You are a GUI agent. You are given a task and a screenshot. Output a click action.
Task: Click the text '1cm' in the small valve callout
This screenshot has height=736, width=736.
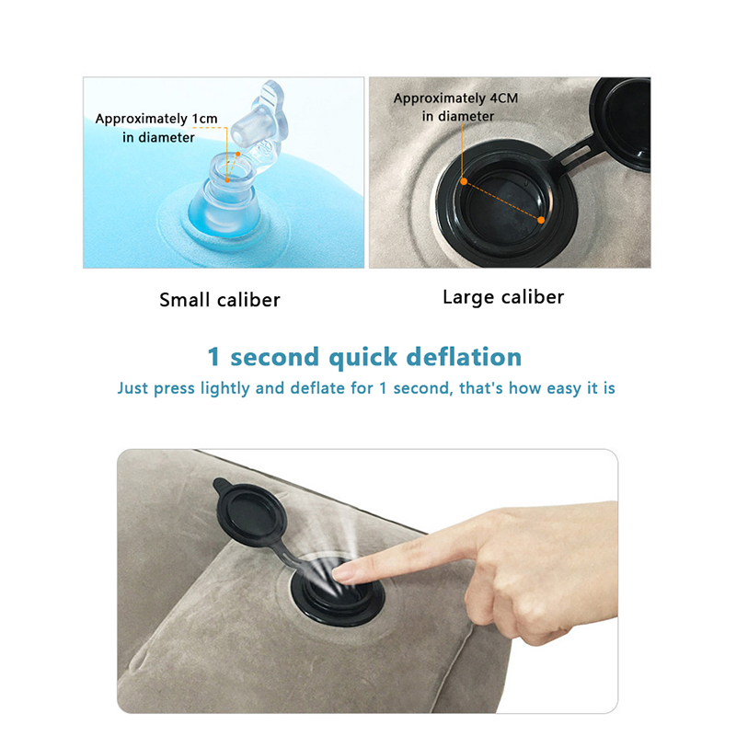(204, 119)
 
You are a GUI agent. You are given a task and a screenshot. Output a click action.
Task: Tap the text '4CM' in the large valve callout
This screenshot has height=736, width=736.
(504, 98)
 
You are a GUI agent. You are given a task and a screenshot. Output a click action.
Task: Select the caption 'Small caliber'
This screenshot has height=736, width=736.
(220, 300)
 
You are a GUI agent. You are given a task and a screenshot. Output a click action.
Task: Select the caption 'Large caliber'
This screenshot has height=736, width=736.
(503, 297)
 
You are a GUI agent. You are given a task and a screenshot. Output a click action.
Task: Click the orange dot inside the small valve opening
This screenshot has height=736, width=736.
(227, 179)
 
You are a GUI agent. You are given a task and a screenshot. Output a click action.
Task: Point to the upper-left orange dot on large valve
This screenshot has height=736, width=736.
(464, 181)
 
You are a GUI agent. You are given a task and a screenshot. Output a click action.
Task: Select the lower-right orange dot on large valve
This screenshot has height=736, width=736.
(541, 220)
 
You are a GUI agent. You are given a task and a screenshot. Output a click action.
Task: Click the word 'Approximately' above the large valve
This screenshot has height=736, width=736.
(432, 98)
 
